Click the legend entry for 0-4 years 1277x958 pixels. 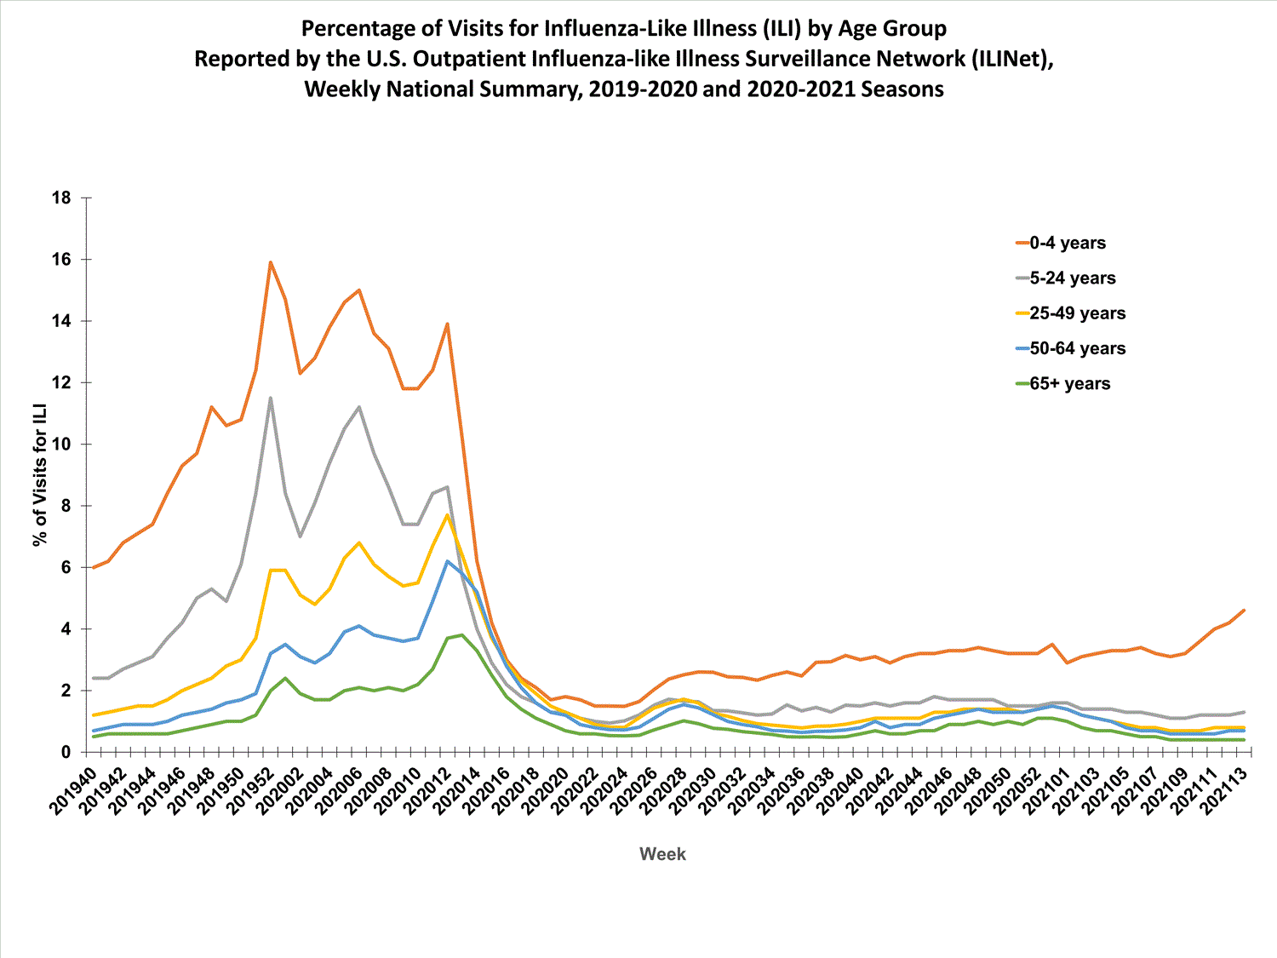click(x=1067, y=243)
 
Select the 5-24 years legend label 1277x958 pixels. click(x=1072, y=278)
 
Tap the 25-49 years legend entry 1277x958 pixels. click(x=1077, y=313)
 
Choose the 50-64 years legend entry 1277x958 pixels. click(x=1077, y=348)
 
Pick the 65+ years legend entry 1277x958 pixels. click(x=1069, y=383)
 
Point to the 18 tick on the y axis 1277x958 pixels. click(x=61, y=198)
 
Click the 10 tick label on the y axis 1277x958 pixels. click(x=61, y=445)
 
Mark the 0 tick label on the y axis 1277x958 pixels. click(x=66, y=753)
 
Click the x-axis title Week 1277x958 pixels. click(x=662, y=854)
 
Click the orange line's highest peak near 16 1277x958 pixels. click(x=270, y=262)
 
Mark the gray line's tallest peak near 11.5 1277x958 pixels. click(x=270, y=398)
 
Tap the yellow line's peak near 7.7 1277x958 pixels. click(x=447, y=514)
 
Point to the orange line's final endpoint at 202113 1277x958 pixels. click(x=1244, y=611)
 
